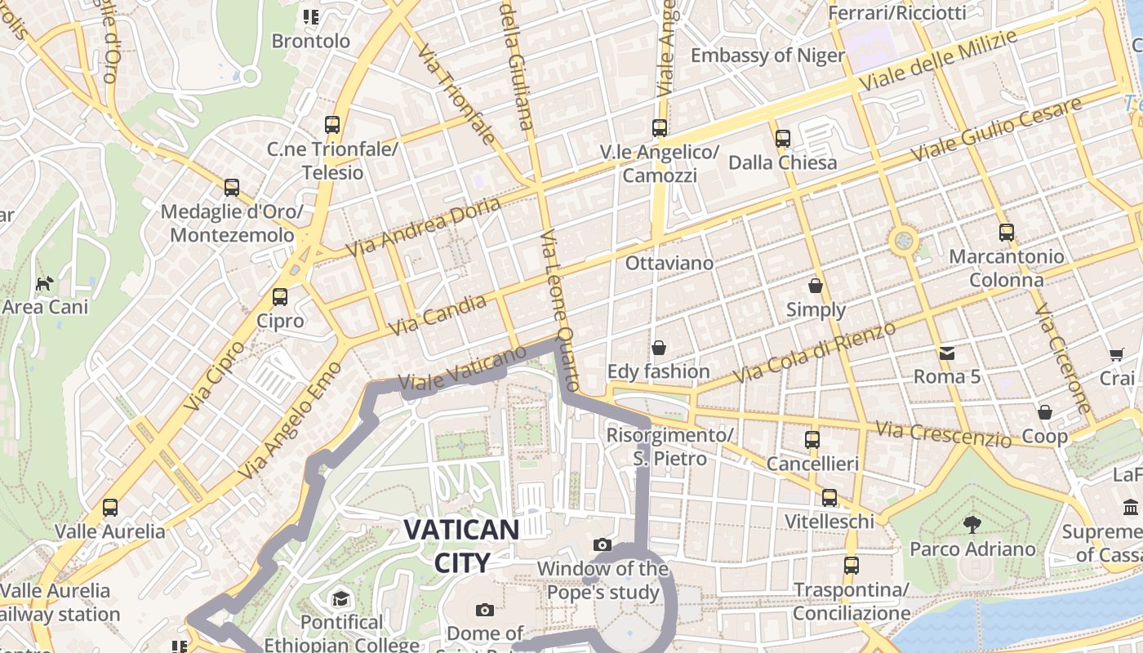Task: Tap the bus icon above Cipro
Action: coord(280,297)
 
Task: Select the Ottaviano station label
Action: coord(669,263)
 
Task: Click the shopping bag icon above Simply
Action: coord(815,286)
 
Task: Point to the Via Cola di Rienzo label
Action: coord(814,353)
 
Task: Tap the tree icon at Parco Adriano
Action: coord(972,524)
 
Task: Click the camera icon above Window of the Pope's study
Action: coord(603,544)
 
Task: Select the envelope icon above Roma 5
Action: coord(946,353)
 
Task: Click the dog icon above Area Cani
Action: coord(45,284)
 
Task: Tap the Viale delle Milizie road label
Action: coord(938,61)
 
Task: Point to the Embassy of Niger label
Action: coord(767,56)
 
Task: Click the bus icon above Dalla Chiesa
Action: coord(782,139)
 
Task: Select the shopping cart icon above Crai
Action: coord(1116,354)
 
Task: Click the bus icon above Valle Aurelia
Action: coord(109,508)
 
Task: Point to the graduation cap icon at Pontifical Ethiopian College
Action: coord(341,598)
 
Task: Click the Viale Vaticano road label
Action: coord(462,369)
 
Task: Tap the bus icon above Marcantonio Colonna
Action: coord(1006,233)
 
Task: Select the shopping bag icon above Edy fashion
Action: coord(658,348)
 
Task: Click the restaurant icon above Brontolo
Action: coord(310,16)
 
